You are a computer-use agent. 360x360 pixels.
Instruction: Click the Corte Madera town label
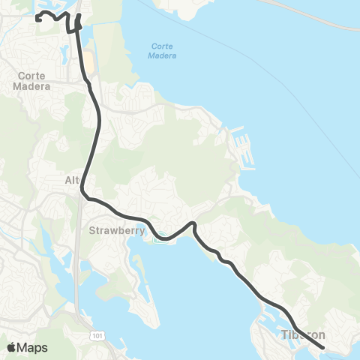click(31, 80)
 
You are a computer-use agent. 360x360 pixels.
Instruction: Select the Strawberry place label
click(116, 230)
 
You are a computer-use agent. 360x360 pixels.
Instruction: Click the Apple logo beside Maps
click(11, 347)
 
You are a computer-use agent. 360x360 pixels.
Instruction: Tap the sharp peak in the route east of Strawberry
click(193, 223)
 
